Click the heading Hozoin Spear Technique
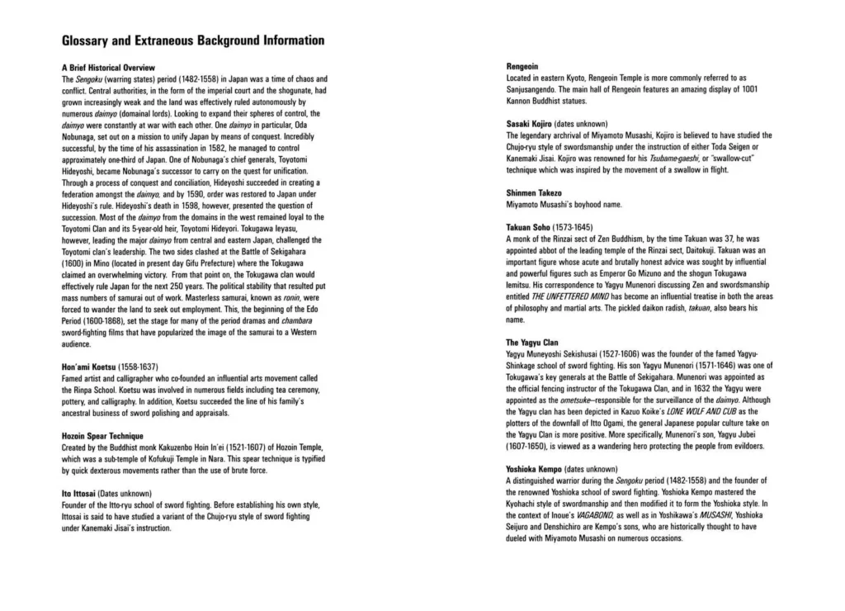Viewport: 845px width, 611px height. [102, 436]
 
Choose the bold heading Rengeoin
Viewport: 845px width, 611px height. [522, 66]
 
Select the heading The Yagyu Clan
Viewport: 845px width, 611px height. [532, 342]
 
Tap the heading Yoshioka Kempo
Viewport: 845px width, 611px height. [535, 468]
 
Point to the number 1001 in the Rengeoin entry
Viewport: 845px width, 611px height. [747, 89]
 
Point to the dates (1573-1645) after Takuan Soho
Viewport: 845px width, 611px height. [579, 227]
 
